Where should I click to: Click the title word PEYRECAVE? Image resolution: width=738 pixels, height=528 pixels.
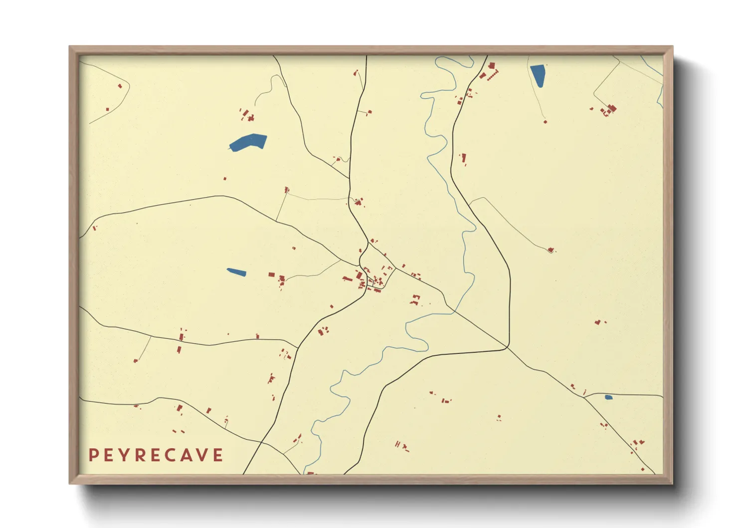coord(156,455)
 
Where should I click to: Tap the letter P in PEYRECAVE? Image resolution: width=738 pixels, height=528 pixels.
coord(93,455)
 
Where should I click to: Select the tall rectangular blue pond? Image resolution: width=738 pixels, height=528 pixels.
coord(538,76)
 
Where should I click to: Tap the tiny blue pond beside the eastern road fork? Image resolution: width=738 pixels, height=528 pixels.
coord(608,397)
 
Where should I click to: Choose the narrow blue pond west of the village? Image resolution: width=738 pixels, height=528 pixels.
coord(236,272)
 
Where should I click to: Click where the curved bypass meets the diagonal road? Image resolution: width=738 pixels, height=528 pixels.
coord(508,347)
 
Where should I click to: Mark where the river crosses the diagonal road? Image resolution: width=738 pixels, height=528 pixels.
coord(454,311)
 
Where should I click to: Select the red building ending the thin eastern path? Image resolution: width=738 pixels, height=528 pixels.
coord(551,250)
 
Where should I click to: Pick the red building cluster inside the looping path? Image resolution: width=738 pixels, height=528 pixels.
coord(609,109)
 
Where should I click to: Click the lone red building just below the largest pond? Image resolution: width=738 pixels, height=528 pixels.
coord(225,178)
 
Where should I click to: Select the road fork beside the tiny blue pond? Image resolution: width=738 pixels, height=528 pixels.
coord(584,397)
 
